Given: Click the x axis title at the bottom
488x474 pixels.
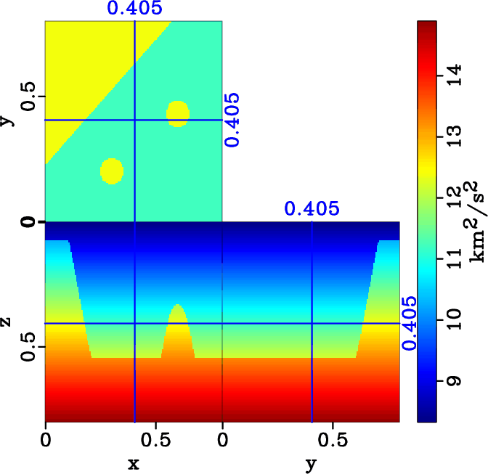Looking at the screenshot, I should (133, 463).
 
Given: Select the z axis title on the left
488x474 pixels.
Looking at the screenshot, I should (9, 320).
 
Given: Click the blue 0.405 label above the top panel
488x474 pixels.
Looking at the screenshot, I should (134, 9).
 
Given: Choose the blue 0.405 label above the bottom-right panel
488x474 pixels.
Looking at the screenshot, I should (312, 210).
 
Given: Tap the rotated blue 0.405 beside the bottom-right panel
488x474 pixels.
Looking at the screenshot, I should (411, 323).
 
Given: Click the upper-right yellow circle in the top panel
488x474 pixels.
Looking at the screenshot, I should (178, 113).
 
